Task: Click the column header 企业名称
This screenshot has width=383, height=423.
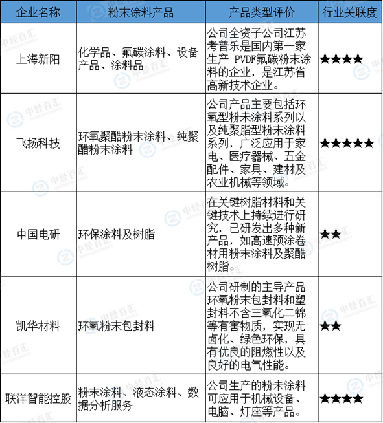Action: pos(38,12)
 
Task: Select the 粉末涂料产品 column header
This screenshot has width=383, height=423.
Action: pos(141,12)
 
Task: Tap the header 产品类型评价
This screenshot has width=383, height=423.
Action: pos(261,12)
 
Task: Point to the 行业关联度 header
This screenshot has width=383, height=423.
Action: pos(350,12)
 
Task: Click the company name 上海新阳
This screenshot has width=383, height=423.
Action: pos(38,59)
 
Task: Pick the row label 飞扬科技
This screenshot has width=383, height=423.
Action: pos(38,143)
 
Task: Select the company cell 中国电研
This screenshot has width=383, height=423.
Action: pos(38,234)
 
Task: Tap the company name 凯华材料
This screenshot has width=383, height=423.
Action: pos(38,325)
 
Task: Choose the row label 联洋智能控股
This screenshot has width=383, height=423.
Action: pos(38,398)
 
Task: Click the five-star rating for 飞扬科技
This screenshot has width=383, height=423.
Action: pos(347,143)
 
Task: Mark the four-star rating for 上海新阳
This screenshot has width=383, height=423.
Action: pos(342,59)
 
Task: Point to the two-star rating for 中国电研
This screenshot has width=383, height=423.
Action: pos(331,234)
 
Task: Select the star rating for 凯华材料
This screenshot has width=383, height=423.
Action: pos(331,326)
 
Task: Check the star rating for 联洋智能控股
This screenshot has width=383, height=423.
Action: pos(342,398)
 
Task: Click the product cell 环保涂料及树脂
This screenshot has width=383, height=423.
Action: pos(116,234)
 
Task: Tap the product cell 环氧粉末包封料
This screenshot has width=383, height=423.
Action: pos(116,325)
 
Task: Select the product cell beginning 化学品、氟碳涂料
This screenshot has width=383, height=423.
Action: pos(139,59)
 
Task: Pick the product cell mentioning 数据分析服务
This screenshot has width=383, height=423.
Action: pos(139,398)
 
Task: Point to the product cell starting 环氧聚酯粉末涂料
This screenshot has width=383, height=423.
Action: pos(139,143)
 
